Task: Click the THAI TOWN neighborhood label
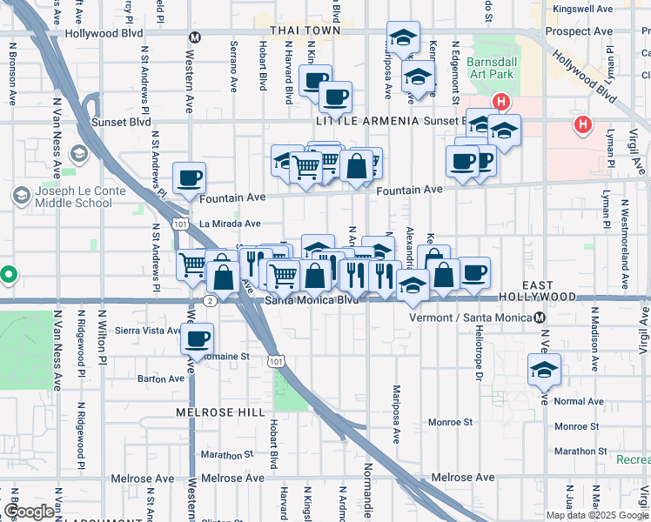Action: (x=304, y=30)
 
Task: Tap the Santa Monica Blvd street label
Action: (x=311, y=301)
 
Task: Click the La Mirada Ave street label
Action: (x=230, y=224)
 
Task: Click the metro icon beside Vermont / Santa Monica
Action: (x=540, y=318)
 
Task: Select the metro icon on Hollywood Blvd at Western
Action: (x=195, y=37)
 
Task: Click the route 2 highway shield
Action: (x=211, y=300)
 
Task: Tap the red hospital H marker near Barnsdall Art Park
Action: (x=500, y=103)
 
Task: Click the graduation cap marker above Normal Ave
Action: (x=544, y=369)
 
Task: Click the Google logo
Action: (x=30, y=512)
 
